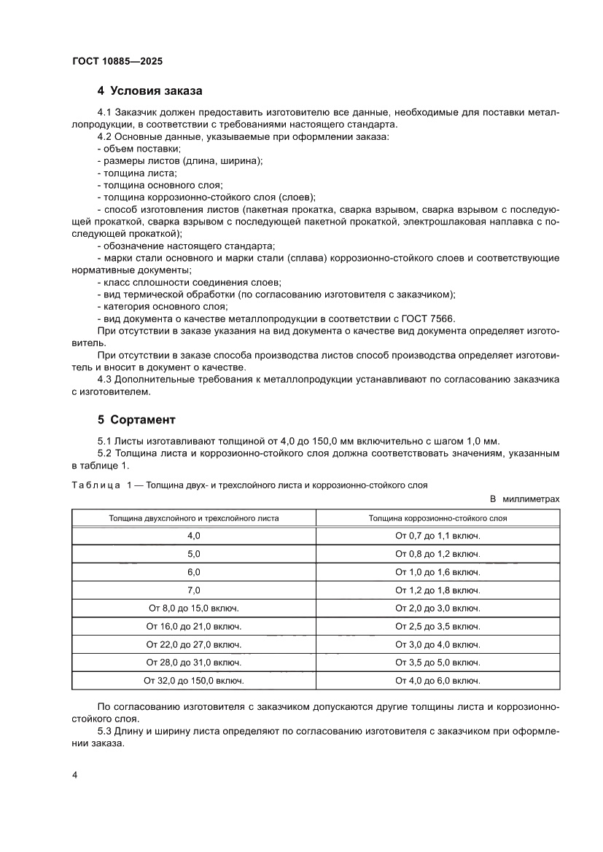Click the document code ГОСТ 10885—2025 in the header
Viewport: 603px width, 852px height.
point(117,62)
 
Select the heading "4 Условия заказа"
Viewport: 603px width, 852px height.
point(149,91)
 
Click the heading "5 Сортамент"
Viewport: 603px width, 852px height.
point(136,420)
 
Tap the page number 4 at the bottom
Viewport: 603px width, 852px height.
point(75,775)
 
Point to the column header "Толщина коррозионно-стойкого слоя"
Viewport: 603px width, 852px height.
point(437,518)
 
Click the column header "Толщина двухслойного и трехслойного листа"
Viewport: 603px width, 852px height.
point(193,518)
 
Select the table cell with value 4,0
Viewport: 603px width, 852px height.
point(193,536)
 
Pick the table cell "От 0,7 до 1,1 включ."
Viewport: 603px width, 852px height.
point(437,536)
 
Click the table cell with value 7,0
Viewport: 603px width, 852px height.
point(193,590)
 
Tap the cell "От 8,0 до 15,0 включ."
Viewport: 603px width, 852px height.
point(193,608)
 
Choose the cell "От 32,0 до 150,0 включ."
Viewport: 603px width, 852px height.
point(193,681)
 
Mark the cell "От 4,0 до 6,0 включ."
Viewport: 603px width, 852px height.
point(437,681)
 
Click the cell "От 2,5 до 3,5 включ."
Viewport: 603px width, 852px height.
point(437,626)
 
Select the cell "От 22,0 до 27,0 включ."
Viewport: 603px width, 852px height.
point(193,644)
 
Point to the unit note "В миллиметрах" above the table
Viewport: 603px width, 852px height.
point(525,499)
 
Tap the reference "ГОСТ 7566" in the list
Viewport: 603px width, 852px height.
point(431,318)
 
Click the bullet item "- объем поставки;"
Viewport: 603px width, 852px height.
point(128,149)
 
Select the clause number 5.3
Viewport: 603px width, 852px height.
point(106,732)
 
